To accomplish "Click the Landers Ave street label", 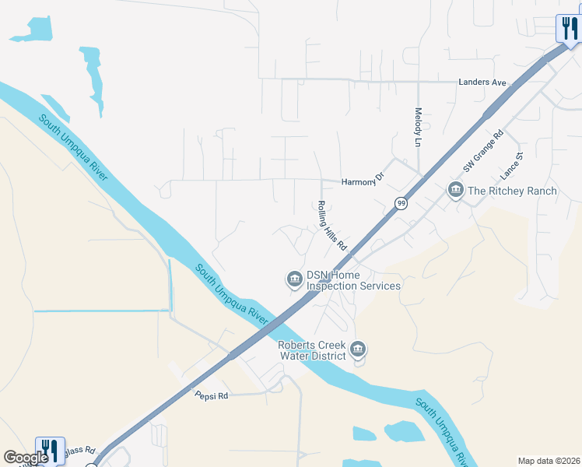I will (482, 82).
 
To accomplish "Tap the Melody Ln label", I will (418, 129).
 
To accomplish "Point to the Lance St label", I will (511, 166).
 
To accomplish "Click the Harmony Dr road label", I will (363, 181).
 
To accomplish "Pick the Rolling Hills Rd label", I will (331, 226).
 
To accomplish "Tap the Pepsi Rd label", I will (211, 395).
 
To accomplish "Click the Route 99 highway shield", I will (401, 204).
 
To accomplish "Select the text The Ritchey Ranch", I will (512, 191).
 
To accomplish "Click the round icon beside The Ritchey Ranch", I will (455, 190).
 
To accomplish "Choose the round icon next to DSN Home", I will (294, 278).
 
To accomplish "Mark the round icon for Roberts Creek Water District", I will (358, 350).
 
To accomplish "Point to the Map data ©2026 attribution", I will (549, 461).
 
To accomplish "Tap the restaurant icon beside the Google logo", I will (49, 449).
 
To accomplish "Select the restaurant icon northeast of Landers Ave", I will (569, 29).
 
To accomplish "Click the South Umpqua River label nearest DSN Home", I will (231, 297).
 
